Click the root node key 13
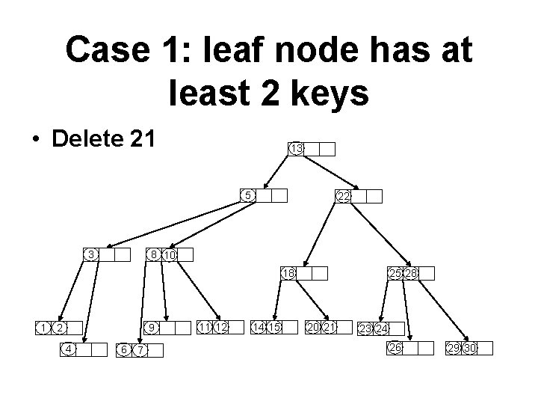point(296,149)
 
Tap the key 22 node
point(344,196)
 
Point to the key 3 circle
point(90,254)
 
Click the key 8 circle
point(153,254)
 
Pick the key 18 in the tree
point(288,273)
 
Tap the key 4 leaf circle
point(68,348)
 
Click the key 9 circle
point(151,328)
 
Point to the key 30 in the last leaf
point(470,348)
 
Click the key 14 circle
point(259,327)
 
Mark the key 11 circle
point(205,327)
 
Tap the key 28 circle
point(410,273)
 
